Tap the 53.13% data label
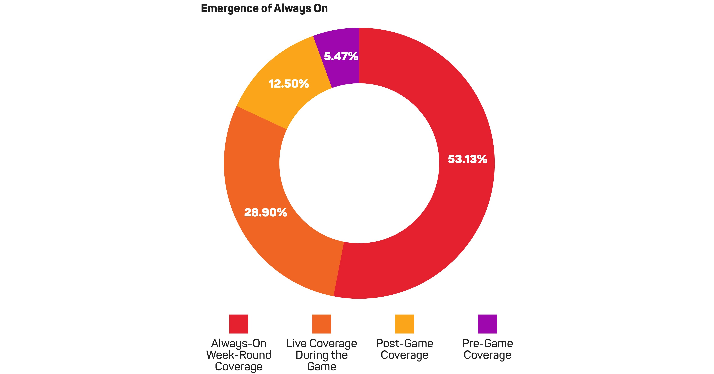tap(467, 159)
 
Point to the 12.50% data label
tap(289, 84)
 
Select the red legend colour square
tap(239, 324)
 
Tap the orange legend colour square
tap(322, 324)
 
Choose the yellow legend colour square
tap(404, 324)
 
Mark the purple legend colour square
tap(487, 324)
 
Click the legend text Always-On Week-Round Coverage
tap(239, 355)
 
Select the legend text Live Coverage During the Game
tap(322, 355)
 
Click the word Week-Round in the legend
tap(239, 355)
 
